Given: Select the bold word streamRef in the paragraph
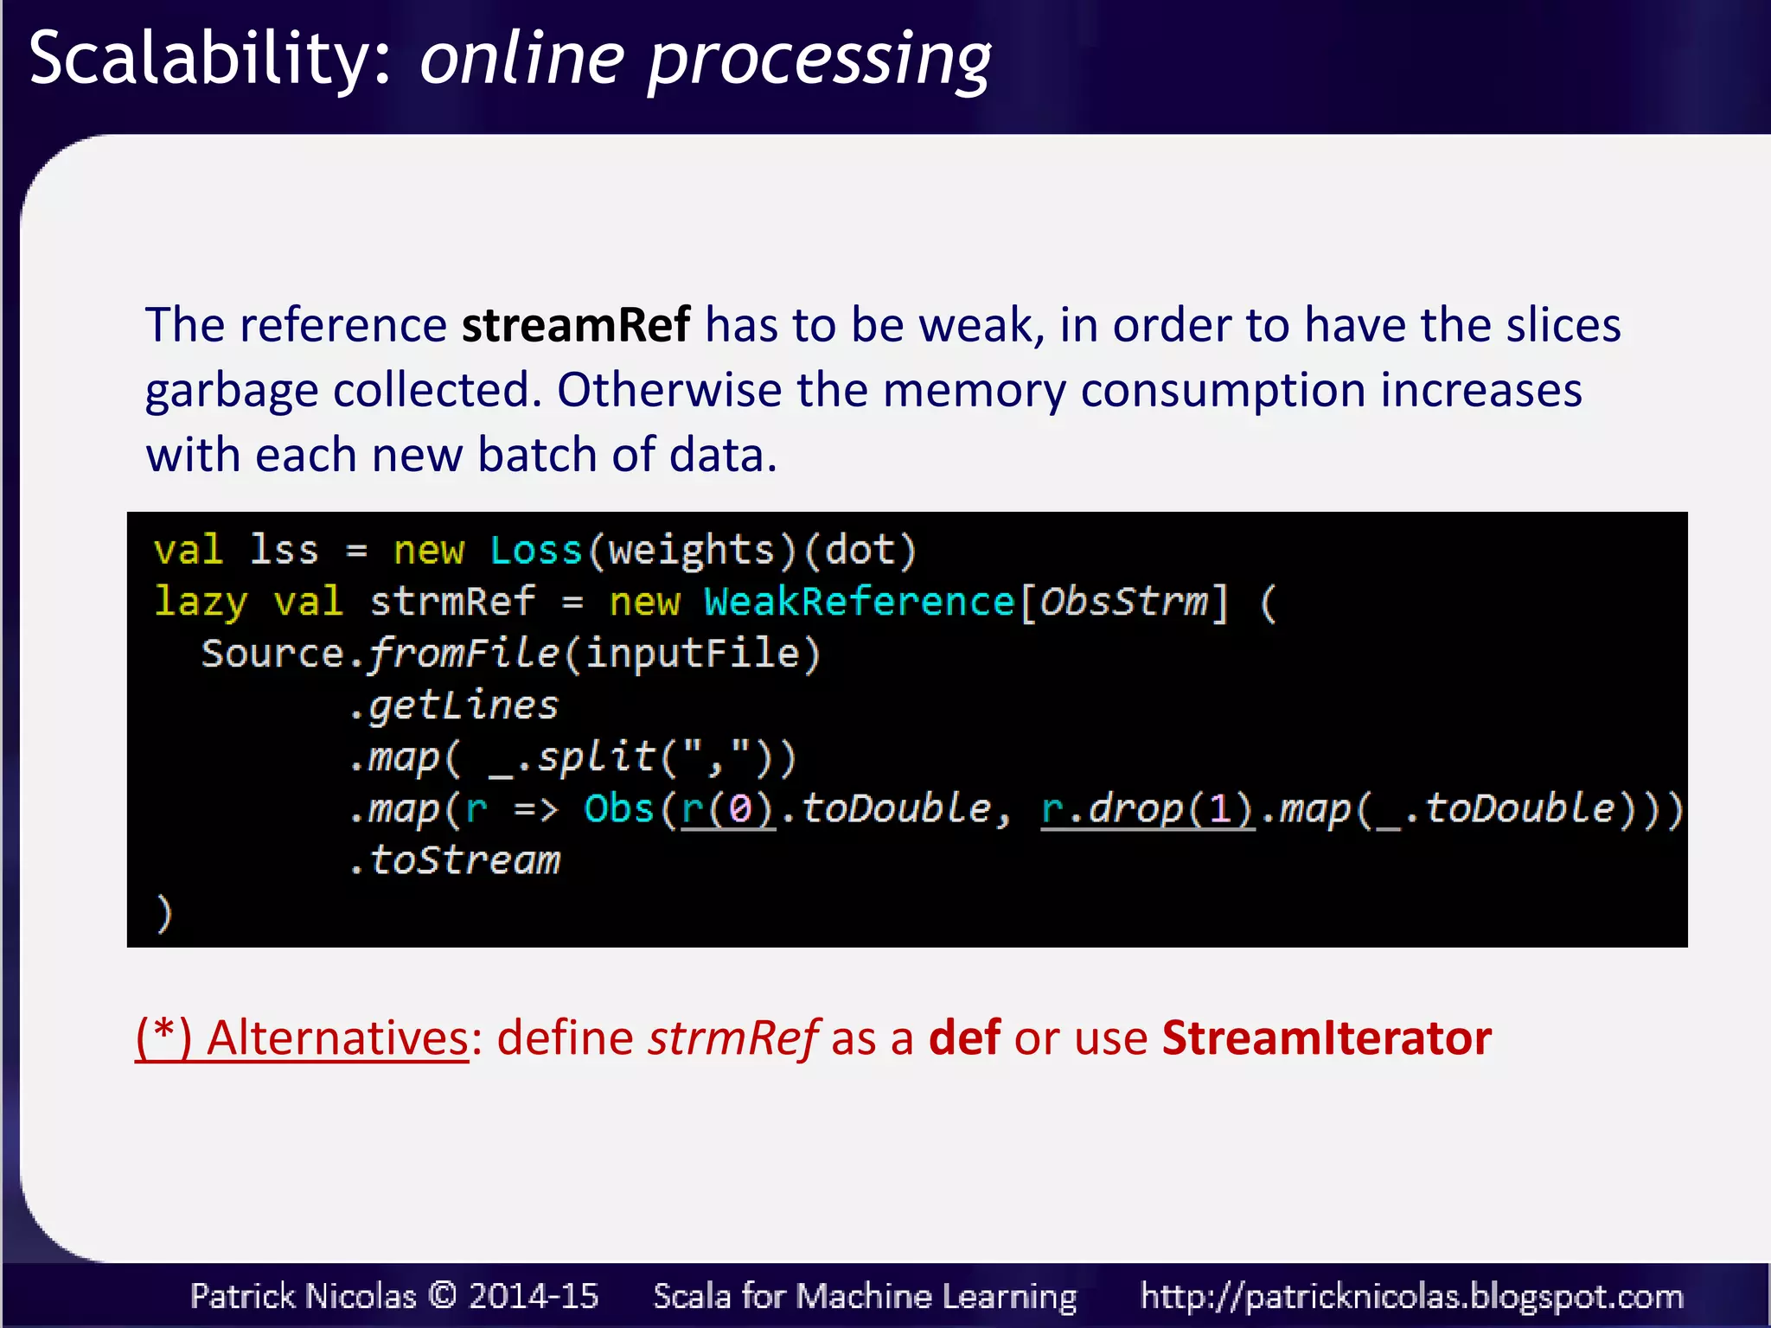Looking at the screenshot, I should [x=576, y=325].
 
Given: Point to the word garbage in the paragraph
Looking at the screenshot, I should [x=231, y=391].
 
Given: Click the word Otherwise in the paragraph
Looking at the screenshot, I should [x=668, y=390].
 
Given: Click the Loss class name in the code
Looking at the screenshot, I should [x=536, y=551].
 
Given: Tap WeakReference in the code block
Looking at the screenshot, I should [x=860, y=602].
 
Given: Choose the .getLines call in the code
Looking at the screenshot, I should [x=455, y=706].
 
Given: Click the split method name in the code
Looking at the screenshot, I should [x=597, y=757].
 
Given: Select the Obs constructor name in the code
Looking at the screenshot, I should [x=618, y=809].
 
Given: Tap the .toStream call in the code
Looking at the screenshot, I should [x=455, y=861].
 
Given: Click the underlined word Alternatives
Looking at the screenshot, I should [x=337, y=1038].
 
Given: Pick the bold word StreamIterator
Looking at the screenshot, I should [x=1327, y=1038].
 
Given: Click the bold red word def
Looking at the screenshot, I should [x=964, y=1038].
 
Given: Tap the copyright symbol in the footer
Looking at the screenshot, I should [x=442, y=1295].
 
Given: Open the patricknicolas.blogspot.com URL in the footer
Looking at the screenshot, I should [x=1411, y=1296].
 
